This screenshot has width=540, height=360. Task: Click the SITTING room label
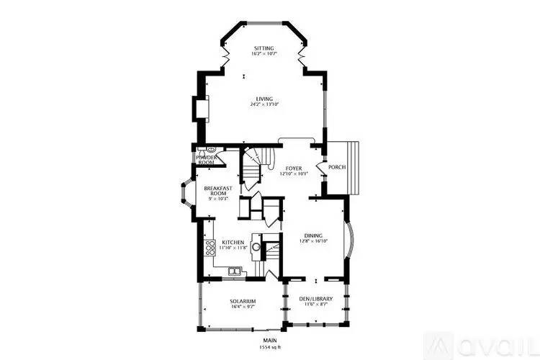coord(264,48)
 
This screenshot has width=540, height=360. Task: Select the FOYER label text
coord(293,168)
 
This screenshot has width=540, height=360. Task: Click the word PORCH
coord(337,167)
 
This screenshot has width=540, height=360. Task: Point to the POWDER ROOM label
coord(206,160)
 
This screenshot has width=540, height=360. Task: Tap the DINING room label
coord(313,235)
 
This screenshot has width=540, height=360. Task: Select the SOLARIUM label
coord(243,301)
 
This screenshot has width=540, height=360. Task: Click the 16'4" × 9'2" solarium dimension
coord(243,307)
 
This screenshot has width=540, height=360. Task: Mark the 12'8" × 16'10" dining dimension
coord(313,241)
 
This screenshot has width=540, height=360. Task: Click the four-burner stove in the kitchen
coord(210,248)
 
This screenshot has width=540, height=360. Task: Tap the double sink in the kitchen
coord(234,271)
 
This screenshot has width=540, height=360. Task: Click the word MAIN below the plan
coord(270,341)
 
